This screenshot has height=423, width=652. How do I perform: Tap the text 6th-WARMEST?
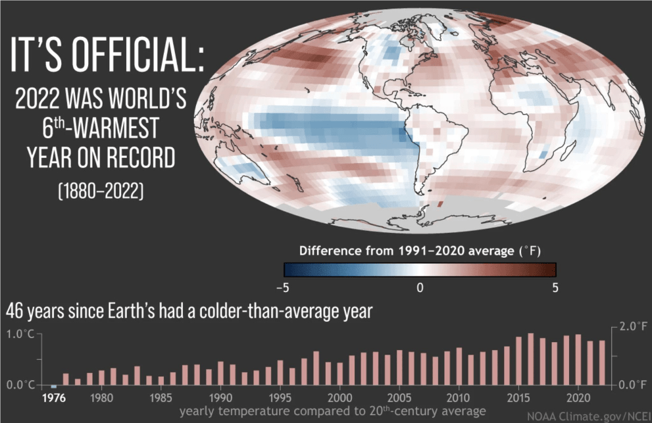pos(100,127)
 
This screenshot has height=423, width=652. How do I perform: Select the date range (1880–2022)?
pos(101,191)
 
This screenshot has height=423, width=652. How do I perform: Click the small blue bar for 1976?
pos(54,387)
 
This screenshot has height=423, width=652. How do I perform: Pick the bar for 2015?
pos(519,361)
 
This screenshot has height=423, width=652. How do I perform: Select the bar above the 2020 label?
pos(578,359)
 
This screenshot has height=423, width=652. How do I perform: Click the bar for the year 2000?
pos(340,374)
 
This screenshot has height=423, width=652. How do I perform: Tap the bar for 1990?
pos(221,373)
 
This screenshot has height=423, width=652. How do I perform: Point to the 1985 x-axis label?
pos(161,398)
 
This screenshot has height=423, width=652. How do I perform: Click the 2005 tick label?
pos(399,398)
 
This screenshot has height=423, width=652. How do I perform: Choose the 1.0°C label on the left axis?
pos(20,334)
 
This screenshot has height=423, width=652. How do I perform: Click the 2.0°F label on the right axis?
pos(634,326)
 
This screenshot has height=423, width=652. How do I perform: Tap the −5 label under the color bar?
pos(282,288)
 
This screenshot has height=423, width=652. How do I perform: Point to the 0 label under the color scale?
pos(420,288)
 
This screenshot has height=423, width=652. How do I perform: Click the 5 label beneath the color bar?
pos(555,288)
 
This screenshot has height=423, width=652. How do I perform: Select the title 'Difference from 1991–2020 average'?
pos(407,251)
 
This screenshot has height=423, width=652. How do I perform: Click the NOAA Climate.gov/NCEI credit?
pos(589,416)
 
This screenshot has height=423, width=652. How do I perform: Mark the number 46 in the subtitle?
pos(14,311)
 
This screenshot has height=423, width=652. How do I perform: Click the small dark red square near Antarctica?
pos(440,204)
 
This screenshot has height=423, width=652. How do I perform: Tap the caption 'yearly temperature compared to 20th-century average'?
pos(333,411)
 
